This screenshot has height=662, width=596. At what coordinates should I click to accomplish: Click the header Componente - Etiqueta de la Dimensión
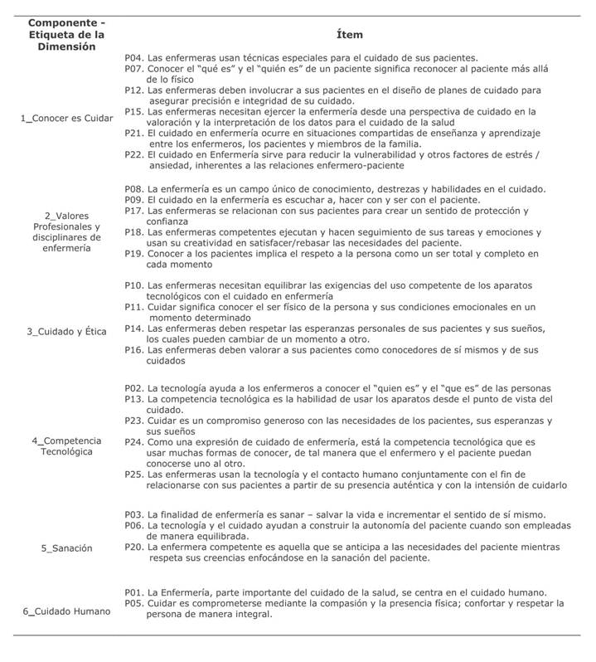pyautogui.click(x=66, y=35)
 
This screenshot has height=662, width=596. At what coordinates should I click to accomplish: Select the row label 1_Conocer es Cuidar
pyautogui.click(x=66, y=118)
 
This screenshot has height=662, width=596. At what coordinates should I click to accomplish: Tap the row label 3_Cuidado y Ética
pyautogui.click(x=66, y=331)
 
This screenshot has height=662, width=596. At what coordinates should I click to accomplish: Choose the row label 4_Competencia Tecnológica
pyautogui.click(x=66, y=445)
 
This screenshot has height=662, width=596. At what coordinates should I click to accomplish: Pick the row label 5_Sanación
pyautogui.click(x=66, y=548)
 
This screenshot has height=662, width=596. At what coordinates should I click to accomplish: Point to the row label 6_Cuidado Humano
pyautogui.click(x=66, y=611)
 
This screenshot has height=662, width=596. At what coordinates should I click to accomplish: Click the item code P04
pyautogui.click(x=134, y=57)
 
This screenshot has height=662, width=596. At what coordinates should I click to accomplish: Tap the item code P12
pyautogui.click(x=134, y=90)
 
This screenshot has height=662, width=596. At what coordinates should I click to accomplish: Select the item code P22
pyautogui.click(x=134, y=154)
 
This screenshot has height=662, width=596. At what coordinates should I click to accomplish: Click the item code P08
pyautogui.click(x=134, y=189)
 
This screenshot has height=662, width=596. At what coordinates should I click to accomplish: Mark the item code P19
pyautogui.click(x=134, y=254)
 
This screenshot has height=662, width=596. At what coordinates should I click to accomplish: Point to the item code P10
pyautogui.click(x=134, y=285)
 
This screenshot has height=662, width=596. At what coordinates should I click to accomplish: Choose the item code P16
pyautogui.click(x=134, y=350)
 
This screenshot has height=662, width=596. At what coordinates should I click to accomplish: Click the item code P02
pyautogui.click(x=134, y=388)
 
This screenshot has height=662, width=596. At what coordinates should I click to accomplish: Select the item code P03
pyautogui.click(x=134, y=515)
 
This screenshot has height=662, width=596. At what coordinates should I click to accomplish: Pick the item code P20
pyautogui.click(x=134, y=548)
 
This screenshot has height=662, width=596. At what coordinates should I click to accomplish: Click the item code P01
pyautogui.click(x=134, y=592)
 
